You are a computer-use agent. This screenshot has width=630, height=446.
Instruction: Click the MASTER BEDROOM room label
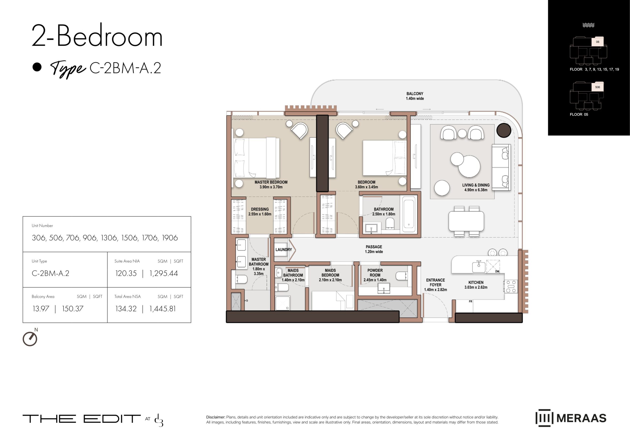271,182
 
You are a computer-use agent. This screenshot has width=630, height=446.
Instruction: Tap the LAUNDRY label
283,250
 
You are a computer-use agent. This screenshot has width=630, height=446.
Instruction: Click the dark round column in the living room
504,130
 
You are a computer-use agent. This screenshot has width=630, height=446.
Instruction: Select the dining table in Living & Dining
466,221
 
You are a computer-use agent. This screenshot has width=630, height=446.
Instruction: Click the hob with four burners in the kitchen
511,286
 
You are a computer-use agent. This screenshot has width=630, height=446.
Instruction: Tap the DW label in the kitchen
497,272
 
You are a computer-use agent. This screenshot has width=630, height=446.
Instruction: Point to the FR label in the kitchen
470,302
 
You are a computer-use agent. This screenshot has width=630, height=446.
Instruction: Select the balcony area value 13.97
41,309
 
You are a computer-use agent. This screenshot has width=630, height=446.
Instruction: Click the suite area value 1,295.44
163,273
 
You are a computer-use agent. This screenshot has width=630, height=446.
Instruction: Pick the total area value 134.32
126,309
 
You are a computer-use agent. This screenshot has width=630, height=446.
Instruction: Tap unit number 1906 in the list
170,238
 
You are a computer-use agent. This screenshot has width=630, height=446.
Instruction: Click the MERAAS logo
571,418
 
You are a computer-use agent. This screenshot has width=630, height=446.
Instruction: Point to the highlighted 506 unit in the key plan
597,87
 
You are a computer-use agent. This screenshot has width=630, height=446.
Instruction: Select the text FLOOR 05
579,115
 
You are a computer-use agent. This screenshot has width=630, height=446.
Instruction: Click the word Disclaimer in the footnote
215,417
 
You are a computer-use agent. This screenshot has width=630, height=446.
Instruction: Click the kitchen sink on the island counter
479,267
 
